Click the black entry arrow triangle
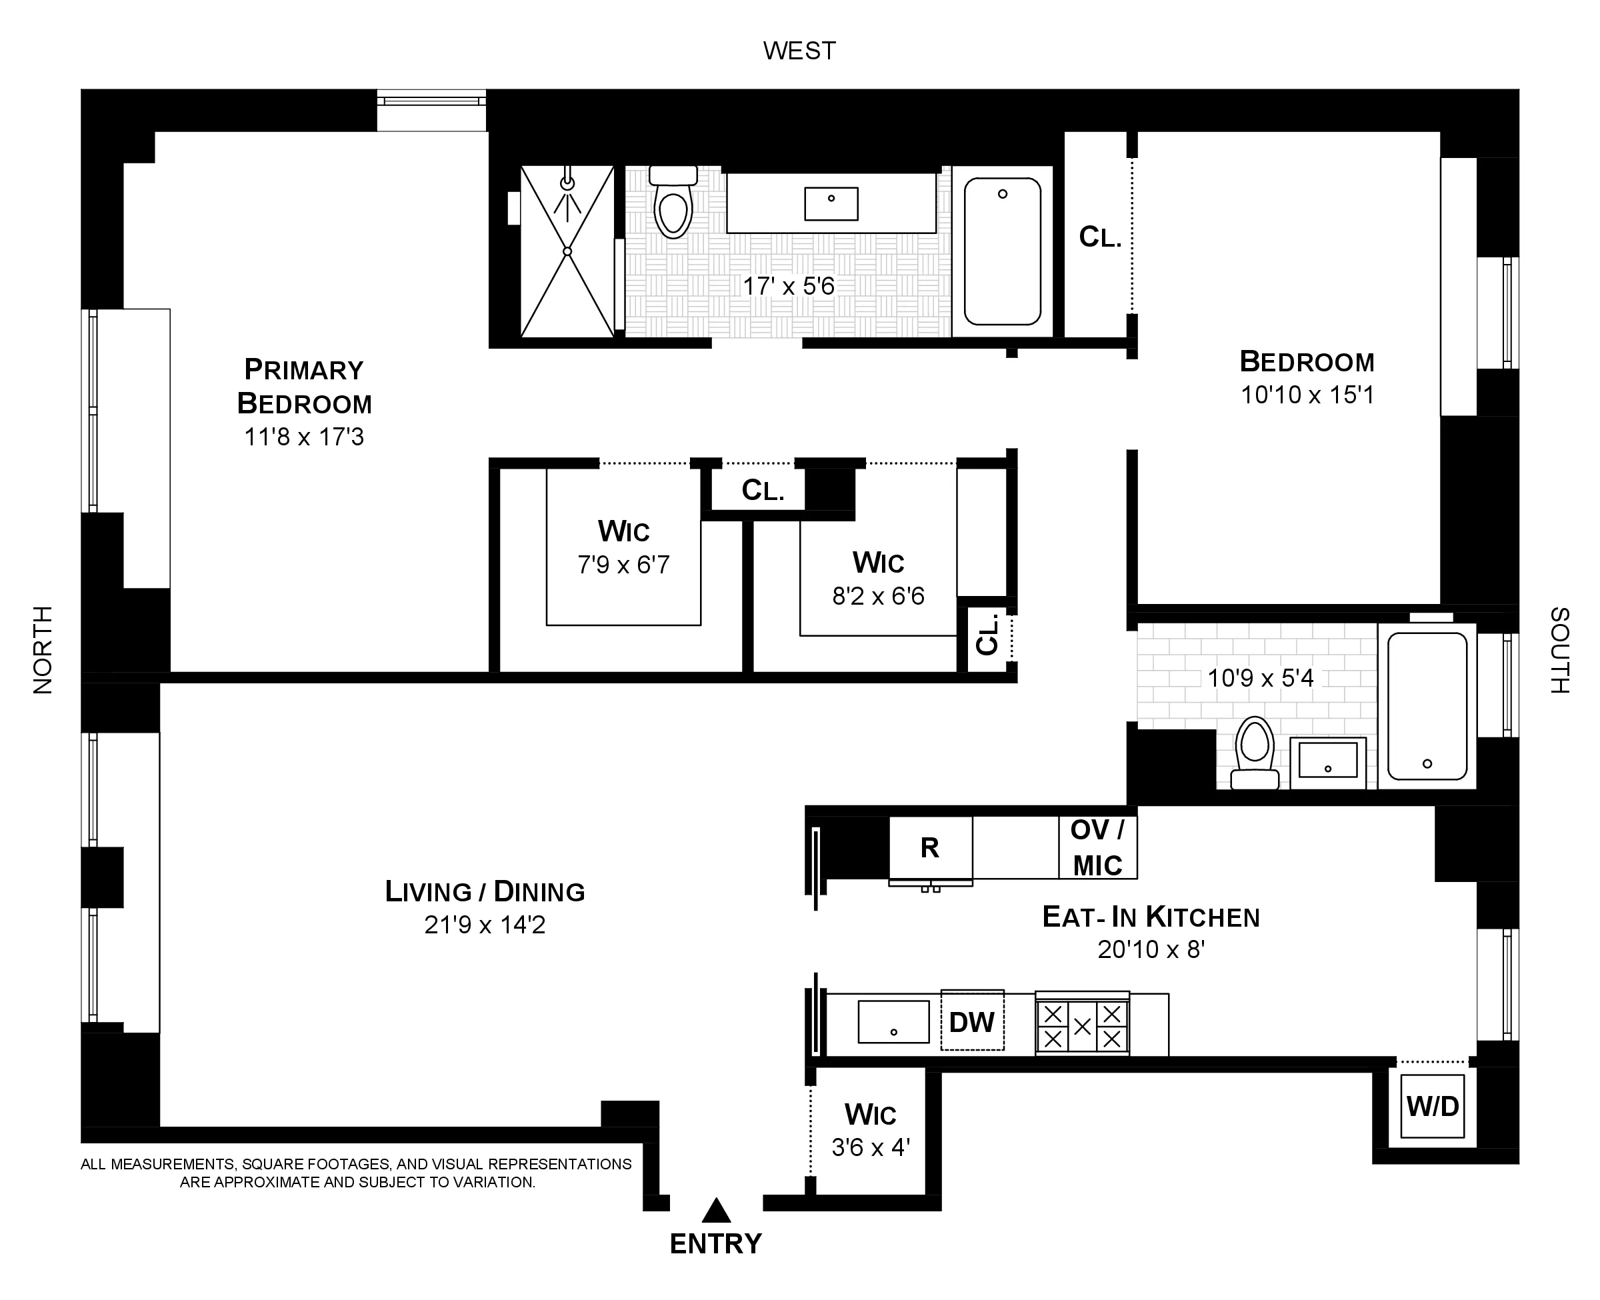click(x=716, y=1211)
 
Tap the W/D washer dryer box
click(x=1432, y=1106)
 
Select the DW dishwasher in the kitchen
click(x=972, y=1021)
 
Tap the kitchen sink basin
click(x=893, y=1021)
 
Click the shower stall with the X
click(x=567, y=251)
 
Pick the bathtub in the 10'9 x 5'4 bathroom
click(x=1427, y=706)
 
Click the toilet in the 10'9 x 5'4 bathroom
click(x=1255, y=753)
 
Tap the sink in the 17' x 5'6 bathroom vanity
click(x=831, y=204)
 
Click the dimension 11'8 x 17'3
click(x=304, y=437)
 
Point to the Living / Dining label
click(x=485, y=891)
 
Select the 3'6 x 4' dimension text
click(x=870, y=1147)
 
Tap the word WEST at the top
click(x=799, y=50)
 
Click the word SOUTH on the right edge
click(x=1559, y=649)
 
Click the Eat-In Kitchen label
click(x=1151, y=917)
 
